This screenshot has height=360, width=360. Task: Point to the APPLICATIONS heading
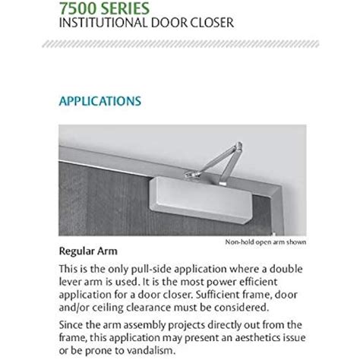[98, 99]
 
